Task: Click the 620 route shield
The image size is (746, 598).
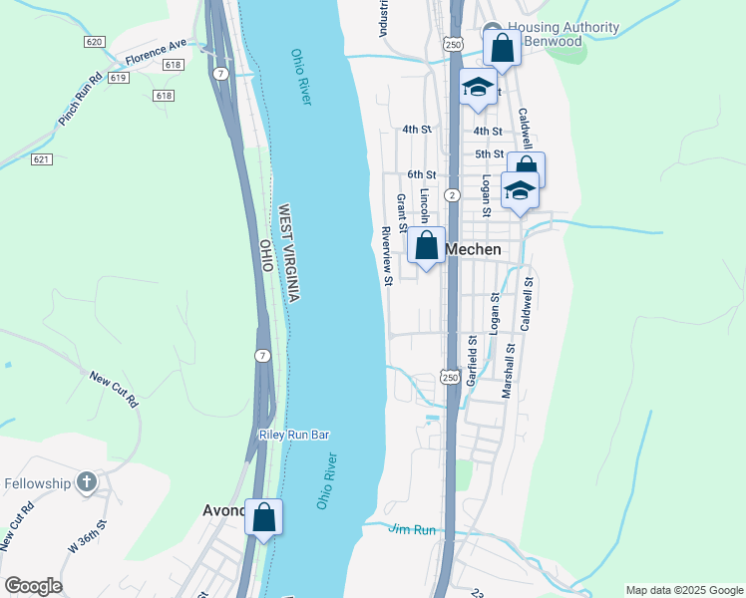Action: coord(95,42)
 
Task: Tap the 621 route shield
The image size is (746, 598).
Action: coord(41,159)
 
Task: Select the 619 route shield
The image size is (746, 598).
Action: coord(118,77)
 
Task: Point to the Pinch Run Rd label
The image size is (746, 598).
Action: coord(80,99)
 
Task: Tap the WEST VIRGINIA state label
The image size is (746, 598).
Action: coord(289,254)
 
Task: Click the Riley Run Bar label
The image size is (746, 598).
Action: coord(293,435)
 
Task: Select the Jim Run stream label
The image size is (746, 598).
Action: coord(413,530)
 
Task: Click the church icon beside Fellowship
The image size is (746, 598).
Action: coord(87,483)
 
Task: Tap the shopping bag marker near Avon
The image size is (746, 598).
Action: coord(263,517)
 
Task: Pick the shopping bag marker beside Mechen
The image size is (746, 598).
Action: coord(426,245)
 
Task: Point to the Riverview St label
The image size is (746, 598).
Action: coord(387,254)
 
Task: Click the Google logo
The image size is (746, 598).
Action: coord(33,586)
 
